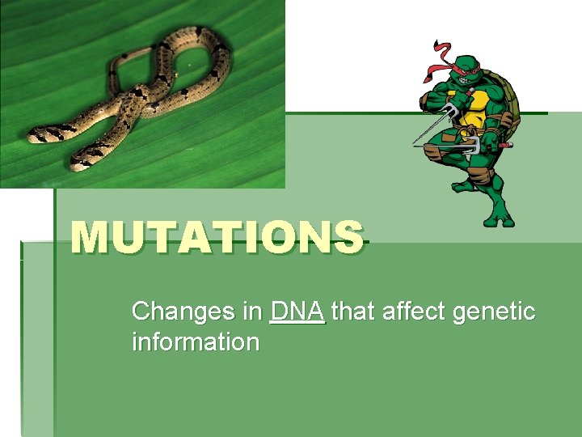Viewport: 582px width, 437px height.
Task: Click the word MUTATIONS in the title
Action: click(217, 237)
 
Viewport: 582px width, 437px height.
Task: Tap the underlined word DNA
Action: click(297, 311)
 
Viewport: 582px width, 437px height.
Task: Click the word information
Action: click(195, 342)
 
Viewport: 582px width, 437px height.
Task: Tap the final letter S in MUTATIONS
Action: click(348, 237)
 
